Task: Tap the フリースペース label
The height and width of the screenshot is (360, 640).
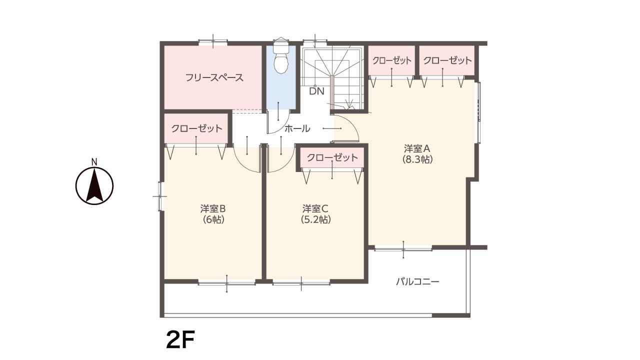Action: [214, 77]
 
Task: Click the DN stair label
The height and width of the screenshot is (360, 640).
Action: [317, 91]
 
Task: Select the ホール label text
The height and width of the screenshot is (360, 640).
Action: [297, 128]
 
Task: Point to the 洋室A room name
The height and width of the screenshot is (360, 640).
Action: [417, 148]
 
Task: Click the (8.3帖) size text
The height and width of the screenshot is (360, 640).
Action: [417, 159]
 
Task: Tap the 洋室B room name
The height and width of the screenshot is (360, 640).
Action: [213, 209]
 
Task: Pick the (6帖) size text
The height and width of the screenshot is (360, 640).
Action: [213, 219]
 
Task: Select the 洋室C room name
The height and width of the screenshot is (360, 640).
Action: [315, 209]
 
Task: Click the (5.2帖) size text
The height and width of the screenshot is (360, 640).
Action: [315, 219]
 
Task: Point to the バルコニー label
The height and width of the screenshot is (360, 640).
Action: [417, 282]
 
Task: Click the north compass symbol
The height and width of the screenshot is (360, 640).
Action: [94, 185]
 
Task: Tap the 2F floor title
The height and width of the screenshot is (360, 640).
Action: [180, 339]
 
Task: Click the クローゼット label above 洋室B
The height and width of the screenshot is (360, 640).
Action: [196, 128]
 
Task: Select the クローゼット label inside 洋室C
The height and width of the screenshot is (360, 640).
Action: [332, 157]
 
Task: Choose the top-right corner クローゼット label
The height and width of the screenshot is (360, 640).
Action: [447, 60]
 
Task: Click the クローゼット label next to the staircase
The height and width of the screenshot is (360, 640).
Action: [392, 60]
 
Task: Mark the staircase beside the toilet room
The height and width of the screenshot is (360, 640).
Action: [333, 78]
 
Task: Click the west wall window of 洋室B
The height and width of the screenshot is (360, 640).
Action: [160, 196]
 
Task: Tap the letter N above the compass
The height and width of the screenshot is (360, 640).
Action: [94, 162]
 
